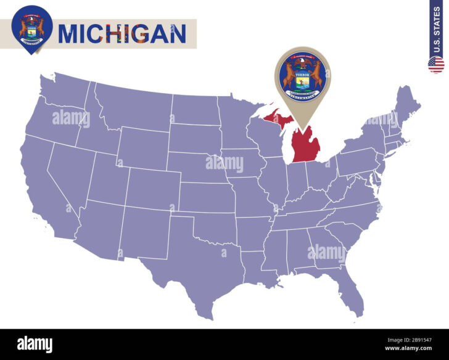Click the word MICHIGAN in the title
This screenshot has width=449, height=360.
122,33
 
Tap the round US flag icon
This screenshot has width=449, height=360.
436,64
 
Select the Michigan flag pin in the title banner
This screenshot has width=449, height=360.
31,27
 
